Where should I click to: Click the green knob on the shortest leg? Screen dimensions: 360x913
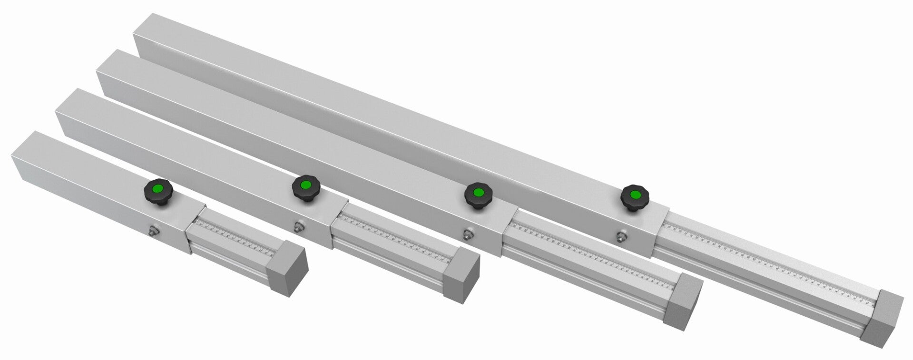157,190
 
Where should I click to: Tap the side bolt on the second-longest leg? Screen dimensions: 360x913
469,234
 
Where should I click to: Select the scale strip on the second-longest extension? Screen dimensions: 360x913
590,247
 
